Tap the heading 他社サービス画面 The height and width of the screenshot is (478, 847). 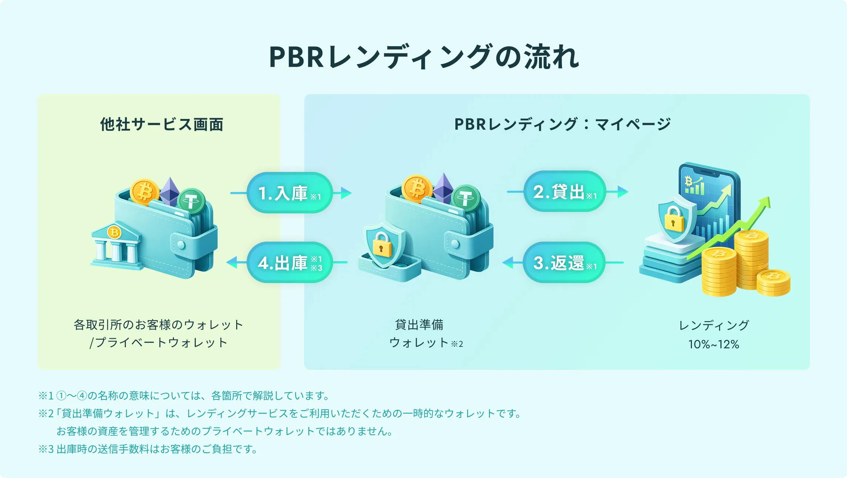[x=162, y=125]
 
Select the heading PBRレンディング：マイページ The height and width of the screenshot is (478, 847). [x=562, y=124]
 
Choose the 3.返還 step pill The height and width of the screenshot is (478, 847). [x=564, y=263]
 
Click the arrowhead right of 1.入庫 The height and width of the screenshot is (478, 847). [x=346, y=193]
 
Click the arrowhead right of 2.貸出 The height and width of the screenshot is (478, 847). [x=623, y=192]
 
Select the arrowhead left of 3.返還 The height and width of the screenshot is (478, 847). [x=508, y=263]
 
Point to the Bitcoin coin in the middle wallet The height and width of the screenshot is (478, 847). [x=417, y=189]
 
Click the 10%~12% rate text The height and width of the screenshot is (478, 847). [x=713, y=344]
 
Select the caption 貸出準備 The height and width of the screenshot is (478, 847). [x=419, y=325]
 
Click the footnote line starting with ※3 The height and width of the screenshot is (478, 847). [x=148, y=449]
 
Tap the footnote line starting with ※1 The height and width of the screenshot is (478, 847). [x=184, y=396]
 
